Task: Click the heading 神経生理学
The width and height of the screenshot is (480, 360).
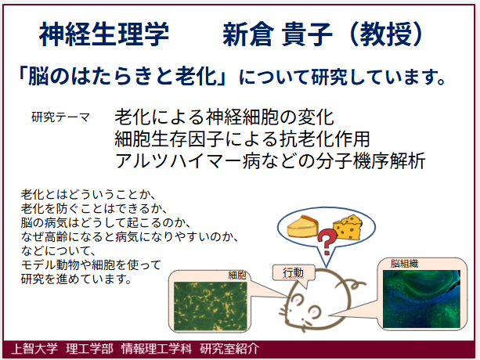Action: tap(104, 34)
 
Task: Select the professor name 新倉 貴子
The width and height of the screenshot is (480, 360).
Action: tap(277, 34)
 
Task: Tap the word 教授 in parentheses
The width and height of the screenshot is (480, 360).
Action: tap(386, 34)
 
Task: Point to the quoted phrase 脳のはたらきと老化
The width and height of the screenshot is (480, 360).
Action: tap(122, 77)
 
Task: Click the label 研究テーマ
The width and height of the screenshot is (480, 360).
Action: tap(60, 117)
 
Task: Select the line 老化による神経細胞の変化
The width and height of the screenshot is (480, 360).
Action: tap(224, 117)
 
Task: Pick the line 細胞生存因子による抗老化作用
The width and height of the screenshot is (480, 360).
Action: tap(243, 139)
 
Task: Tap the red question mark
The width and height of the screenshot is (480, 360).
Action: tap(327, 242)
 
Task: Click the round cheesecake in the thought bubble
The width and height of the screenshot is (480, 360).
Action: tap(303, 226)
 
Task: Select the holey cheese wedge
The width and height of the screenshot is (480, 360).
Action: tap(348, 227)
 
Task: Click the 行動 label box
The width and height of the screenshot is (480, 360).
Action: tap(294, 272)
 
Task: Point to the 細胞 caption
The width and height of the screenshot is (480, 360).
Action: tap(237, 275)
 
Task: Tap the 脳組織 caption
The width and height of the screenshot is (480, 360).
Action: tap(404, 264)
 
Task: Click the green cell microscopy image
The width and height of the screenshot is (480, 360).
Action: tap(211, 306)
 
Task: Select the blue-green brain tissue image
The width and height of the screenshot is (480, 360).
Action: tap(421, 298)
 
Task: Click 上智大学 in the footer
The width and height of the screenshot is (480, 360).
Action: tap(34, 349)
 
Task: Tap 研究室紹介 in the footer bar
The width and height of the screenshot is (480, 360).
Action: tap(229, 349)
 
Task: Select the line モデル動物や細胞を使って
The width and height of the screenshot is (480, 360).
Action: tap(91, 265)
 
